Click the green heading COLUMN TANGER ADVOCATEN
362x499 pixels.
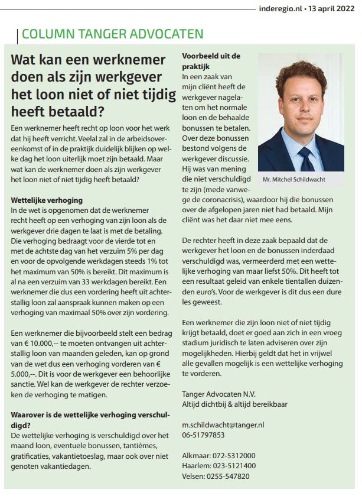coord(112,34)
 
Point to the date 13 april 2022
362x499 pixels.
coord(334,9)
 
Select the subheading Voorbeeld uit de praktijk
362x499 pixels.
coord(211,61)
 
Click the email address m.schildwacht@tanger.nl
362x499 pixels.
coord(223,425)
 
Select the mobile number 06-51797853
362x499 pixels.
coord(204,435)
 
